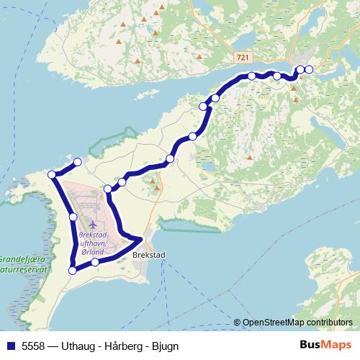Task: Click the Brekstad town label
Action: pos(149,254)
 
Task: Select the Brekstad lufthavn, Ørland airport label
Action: pos(93,243)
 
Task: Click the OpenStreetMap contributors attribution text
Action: pos(297,323)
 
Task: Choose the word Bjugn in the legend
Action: pos(165,346)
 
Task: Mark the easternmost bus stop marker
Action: pos(309,69)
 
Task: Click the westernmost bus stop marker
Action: pos(52,174)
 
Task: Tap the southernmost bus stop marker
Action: pos(72,270)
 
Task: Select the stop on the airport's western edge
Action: pos(73,217)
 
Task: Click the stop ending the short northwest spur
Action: pos(78,161)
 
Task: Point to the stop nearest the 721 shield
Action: pos(251,76)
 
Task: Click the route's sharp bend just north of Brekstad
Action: pos(142,239)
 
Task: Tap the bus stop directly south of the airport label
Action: pos(95,262)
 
